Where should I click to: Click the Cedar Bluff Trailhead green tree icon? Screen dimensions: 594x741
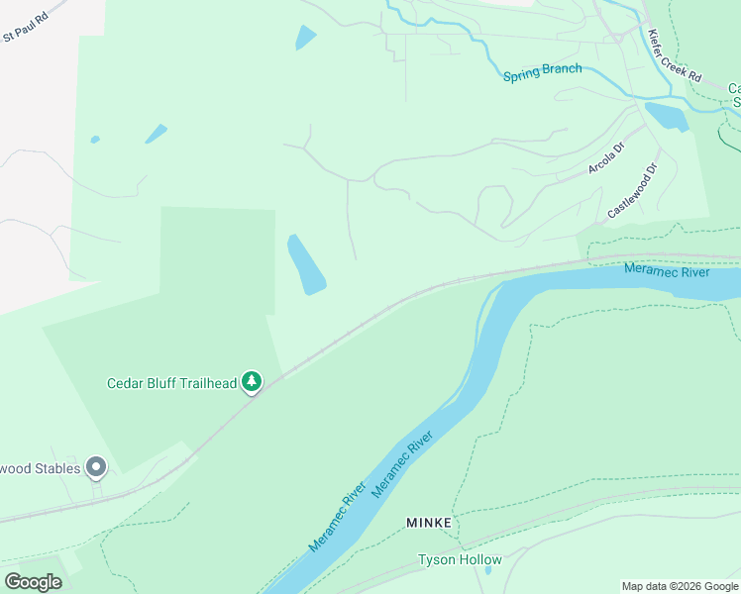pyautogui.click(x=253, y=381)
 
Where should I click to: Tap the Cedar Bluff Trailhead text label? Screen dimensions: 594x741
pyautogui.click(x=173, y=382)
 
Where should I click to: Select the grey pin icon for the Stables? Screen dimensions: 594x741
pyautogui.click(x=95, y=465)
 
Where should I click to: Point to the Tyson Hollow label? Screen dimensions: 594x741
pyautogui.click(x=460, y=559)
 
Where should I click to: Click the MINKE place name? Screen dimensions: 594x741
pyautogui.click(x=429, y=522)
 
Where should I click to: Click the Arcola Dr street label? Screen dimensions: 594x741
pyautogui.click(x=606, y=159)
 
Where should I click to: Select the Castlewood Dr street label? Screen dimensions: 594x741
pyautogui.click(x=633, y=192)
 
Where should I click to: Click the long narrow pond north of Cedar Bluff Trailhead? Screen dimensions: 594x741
pyautogui.click(x=306, y=264)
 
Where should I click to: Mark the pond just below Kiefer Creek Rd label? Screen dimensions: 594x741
pyautogui.click(x=667, y=116)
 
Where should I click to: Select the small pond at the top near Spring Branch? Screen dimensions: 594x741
pyautogui.click(x=305, y=38)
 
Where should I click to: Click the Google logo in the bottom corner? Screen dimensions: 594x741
pyautogui.click(x=33, y=582)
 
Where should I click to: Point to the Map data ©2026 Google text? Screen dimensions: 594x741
pyautogui.click(x=680, y=586)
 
